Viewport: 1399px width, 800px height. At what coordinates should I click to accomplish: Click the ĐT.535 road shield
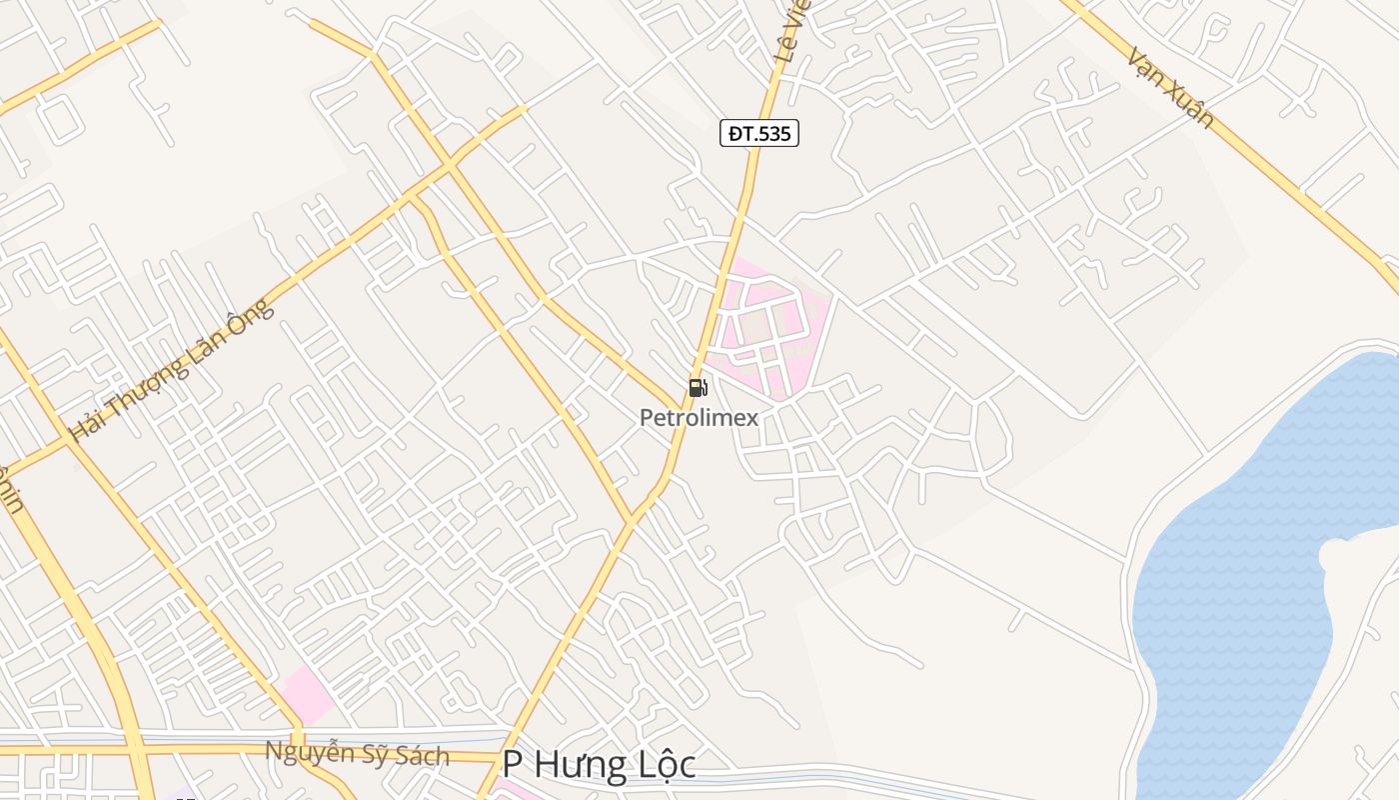(x=759, y=133)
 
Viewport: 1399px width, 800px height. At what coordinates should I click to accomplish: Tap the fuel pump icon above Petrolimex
(x=698, y=388)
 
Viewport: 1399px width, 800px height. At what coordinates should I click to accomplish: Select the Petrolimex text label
(x=699, y=418)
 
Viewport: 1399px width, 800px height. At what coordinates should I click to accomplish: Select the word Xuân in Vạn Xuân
(x=1192, y=107)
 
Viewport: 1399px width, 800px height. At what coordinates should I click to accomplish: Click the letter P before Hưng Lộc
(x=513, y=765)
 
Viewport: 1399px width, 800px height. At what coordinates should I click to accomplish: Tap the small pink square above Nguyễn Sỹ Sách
(x=308, y=694)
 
